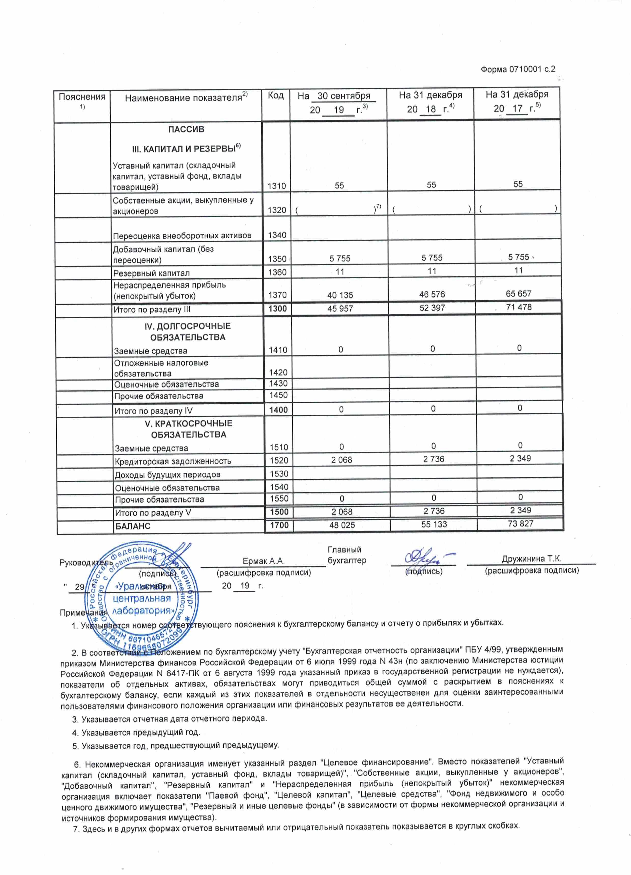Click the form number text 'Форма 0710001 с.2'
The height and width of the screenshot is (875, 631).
[518, 70]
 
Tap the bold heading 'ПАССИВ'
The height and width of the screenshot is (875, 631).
[186, 130]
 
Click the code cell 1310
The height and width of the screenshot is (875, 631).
[277, 186]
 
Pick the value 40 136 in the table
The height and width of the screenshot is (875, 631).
[340, 295]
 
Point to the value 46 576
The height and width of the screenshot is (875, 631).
[432, 294]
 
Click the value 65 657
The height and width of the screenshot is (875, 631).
[519, 294]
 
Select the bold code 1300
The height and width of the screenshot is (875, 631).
[278, 309]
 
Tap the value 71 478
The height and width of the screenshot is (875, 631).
[519, 307]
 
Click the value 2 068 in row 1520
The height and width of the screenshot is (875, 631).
[341, 460]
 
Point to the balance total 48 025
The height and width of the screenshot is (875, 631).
[342, 525]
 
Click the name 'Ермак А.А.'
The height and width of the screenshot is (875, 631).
[264, 561]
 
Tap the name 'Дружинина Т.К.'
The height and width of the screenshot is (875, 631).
[532, 559]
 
